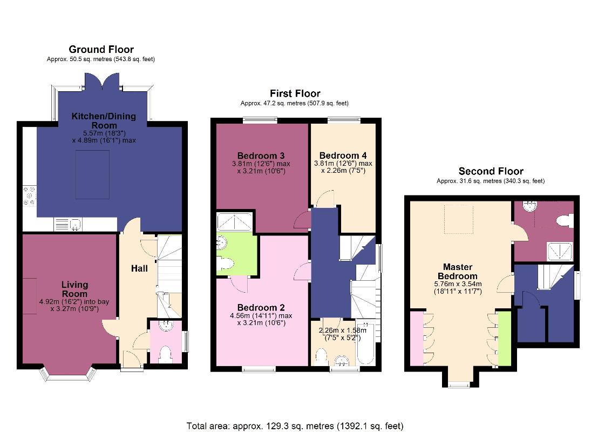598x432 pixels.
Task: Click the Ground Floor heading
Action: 101,49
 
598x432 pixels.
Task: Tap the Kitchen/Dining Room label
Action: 104,120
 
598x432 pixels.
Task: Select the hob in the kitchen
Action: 29,196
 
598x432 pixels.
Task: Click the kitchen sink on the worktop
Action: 68,225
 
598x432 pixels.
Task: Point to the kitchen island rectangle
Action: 92,174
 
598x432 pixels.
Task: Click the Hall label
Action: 139,269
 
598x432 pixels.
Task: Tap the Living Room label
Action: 74,289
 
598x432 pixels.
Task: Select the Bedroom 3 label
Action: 261,156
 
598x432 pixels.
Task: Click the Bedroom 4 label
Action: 343,156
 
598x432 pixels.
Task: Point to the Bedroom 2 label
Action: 261,308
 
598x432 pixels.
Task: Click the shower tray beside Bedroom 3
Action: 235,222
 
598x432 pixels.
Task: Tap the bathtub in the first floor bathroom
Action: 366,344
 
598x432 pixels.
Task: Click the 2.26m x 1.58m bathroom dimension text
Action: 343,334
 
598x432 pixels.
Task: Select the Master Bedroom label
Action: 458,272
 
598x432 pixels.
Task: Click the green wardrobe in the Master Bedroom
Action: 505,339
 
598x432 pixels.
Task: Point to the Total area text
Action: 295,426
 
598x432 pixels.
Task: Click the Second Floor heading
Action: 491,171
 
